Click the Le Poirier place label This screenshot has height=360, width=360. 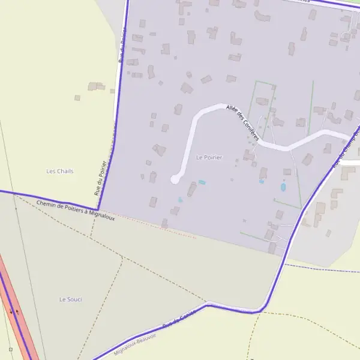coord(209,157)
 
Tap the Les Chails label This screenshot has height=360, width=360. coord(60,171)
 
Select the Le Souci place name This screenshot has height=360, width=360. coord(70,299)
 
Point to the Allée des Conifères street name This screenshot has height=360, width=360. coord(242,122)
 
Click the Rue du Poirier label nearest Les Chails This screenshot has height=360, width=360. coord(101,178)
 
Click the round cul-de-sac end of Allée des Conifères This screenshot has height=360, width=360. coord(175,179)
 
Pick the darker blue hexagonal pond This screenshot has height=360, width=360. coord(283,187)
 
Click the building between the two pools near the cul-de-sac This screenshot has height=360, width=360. coord(191,190)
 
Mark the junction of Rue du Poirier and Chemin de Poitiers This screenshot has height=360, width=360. coord(98,208)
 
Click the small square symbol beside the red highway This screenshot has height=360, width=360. coord(10,349)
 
